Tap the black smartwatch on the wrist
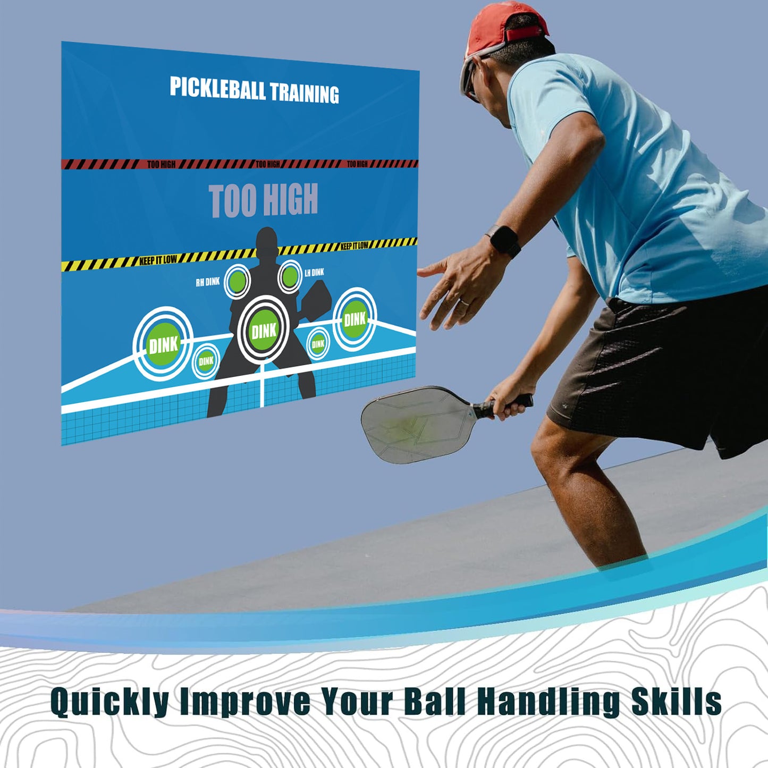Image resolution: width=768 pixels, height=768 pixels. tap(503, 241)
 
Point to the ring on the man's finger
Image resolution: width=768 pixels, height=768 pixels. tap(464, 302)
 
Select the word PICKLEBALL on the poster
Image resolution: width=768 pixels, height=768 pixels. tap(217, 89)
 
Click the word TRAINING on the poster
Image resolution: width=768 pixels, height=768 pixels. tap(305, 93)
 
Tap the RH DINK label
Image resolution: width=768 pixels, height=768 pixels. tap(207, 282)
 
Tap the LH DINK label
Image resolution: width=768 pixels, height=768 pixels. tap(314, 273)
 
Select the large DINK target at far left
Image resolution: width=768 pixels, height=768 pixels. tap(163, 344)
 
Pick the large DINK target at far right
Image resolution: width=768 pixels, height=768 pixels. tap(355, 319)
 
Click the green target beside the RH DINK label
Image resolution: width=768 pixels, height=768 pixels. tap(237, 281)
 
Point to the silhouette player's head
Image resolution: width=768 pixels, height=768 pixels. tap(267, 242)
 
